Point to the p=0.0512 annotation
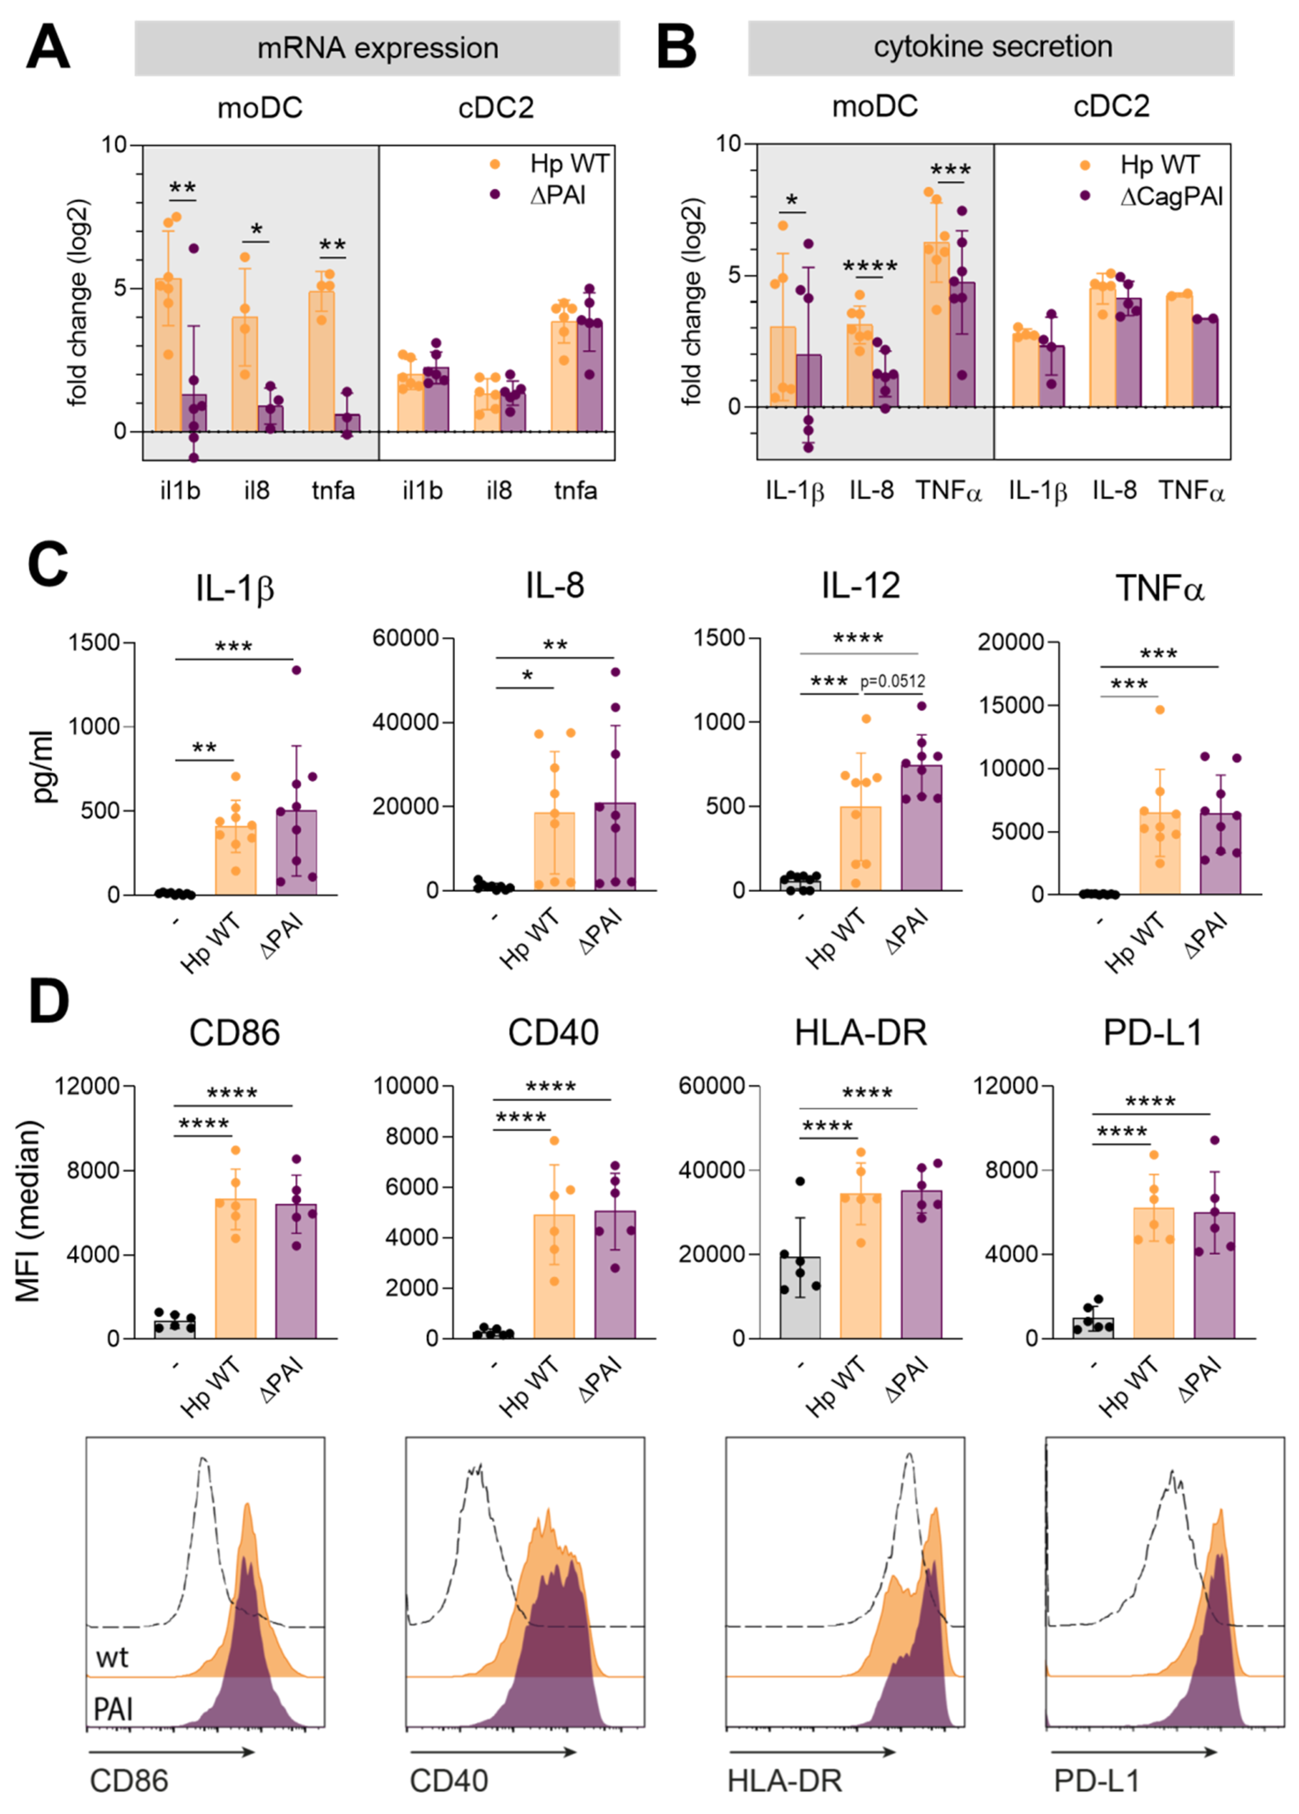(x=893, y=681)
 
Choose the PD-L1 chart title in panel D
(x=1153, y=1033)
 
